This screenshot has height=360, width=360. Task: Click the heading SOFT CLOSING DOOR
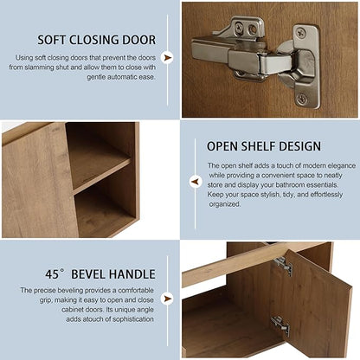(x=97, y=40)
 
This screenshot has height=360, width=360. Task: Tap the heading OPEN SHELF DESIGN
(x=264, y=146)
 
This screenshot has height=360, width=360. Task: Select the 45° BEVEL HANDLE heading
(x=100, y=274)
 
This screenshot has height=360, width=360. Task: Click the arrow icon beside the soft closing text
(x=167, y=58)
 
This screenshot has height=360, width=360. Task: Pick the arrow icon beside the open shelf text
(x=196, y=182)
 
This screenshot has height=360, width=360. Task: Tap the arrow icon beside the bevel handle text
(x=167, y=299)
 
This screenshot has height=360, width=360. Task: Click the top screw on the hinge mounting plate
(x=302, y=32)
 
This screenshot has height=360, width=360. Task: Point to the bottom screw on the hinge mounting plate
(x=302, y=100)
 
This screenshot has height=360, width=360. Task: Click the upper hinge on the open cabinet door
(x=284, y=266)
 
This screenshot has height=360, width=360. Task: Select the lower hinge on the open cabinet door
(x=280, y=326)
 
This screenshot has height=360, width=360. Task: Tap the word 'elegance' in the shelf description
(x=341, y=165)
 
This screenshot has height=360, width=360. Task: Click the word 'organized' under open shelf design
(x=225, y=204)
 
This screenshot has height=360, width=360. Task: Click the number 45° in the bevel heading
(x=55, y=274)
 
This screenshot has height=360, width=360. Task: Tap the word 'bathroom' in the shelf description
(x=290, y=185)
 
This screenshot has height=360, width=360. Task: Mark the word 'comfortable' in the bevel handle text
(x=136, y=290)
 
